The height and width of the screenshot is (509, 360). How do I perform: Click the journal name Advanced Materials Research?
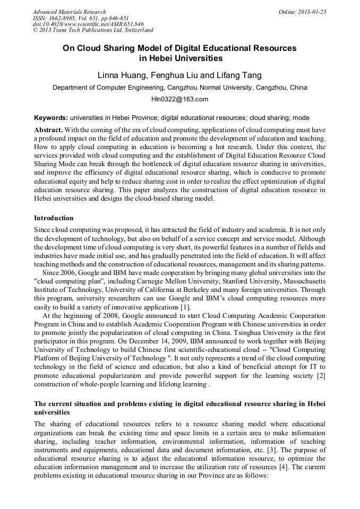(x=69, y=12)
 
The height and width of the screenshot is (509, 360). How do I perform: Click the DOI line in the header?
(x=88, y=24)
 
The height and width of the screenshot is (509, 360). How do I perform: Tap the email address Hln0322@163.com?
(x=179, y=99)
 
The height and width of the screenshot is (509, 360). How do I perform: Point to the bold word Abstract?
(x=49, y=130)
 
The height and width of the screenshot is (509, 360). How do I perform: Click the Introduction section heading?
(x=54, y=218)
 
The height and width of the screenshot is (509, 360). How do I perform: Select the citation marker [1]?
(x=186, y=308)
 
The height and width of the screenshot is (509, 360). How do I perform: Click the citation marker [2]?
(x=320, y=376)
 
